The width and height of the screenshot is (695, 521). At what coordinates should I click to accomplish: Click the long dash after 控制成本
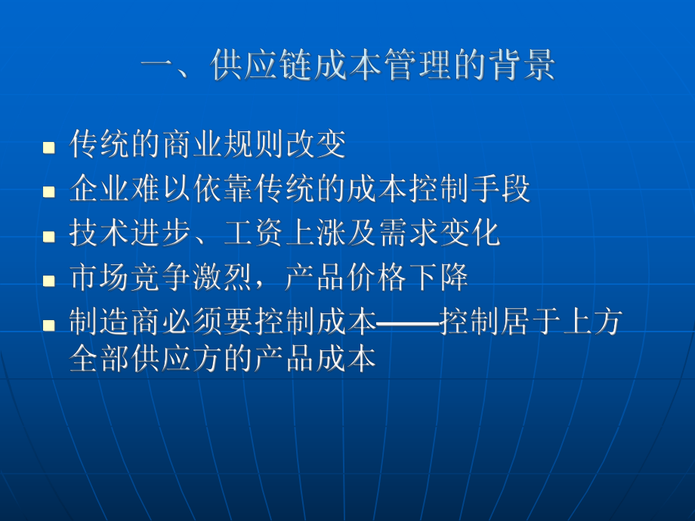click(x=408, y=325)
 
